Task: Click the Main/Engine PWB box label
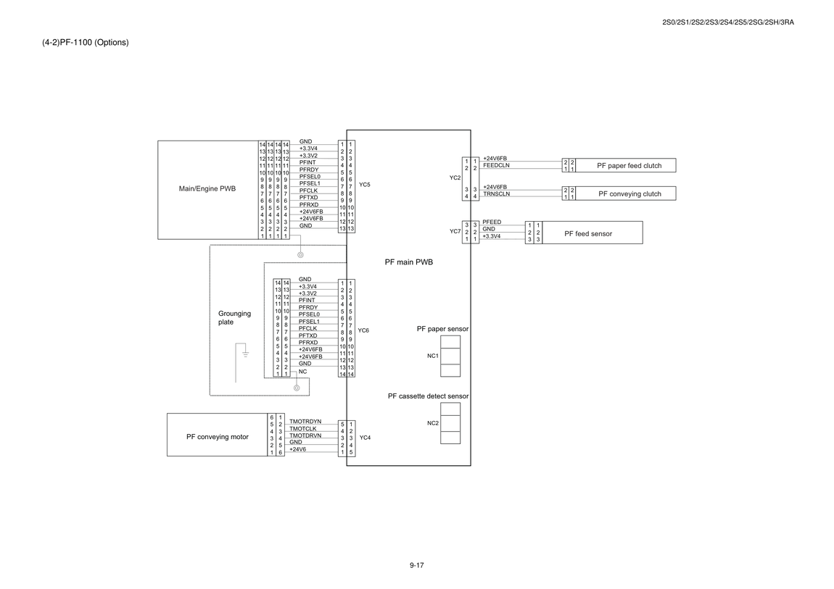pos(207,188)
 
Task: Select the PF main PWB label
pos(408,262)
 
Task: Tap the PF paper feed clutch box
pos(625,165)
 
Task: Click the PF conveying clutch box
pos(625,193)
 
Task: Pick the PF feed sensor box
pos(592,233)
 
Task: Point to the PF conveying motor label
pos(217,437)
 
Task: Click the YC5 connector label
pos(364,185)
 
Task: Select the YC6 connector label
pos(363,330)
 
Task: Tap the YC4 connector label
pos(365,438)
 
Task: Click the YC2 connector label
pos(455,178)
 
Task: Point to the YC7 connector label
pos(455,232)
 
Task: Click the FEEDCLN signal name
pos(496,165)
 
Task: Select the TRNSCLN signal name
pos(496,194)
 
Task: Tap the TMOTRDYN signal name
pos(305,422)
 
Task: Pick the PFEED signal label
pos(492,222)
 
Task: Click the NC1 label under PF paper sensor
pos(433,356)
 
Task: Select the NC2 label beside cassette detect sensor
pos(433,423)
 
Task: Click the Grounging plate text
pos(234,317)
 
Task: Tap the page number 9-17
pos(416,565)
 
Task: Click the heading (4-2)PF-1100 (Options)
pos(85,43)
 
